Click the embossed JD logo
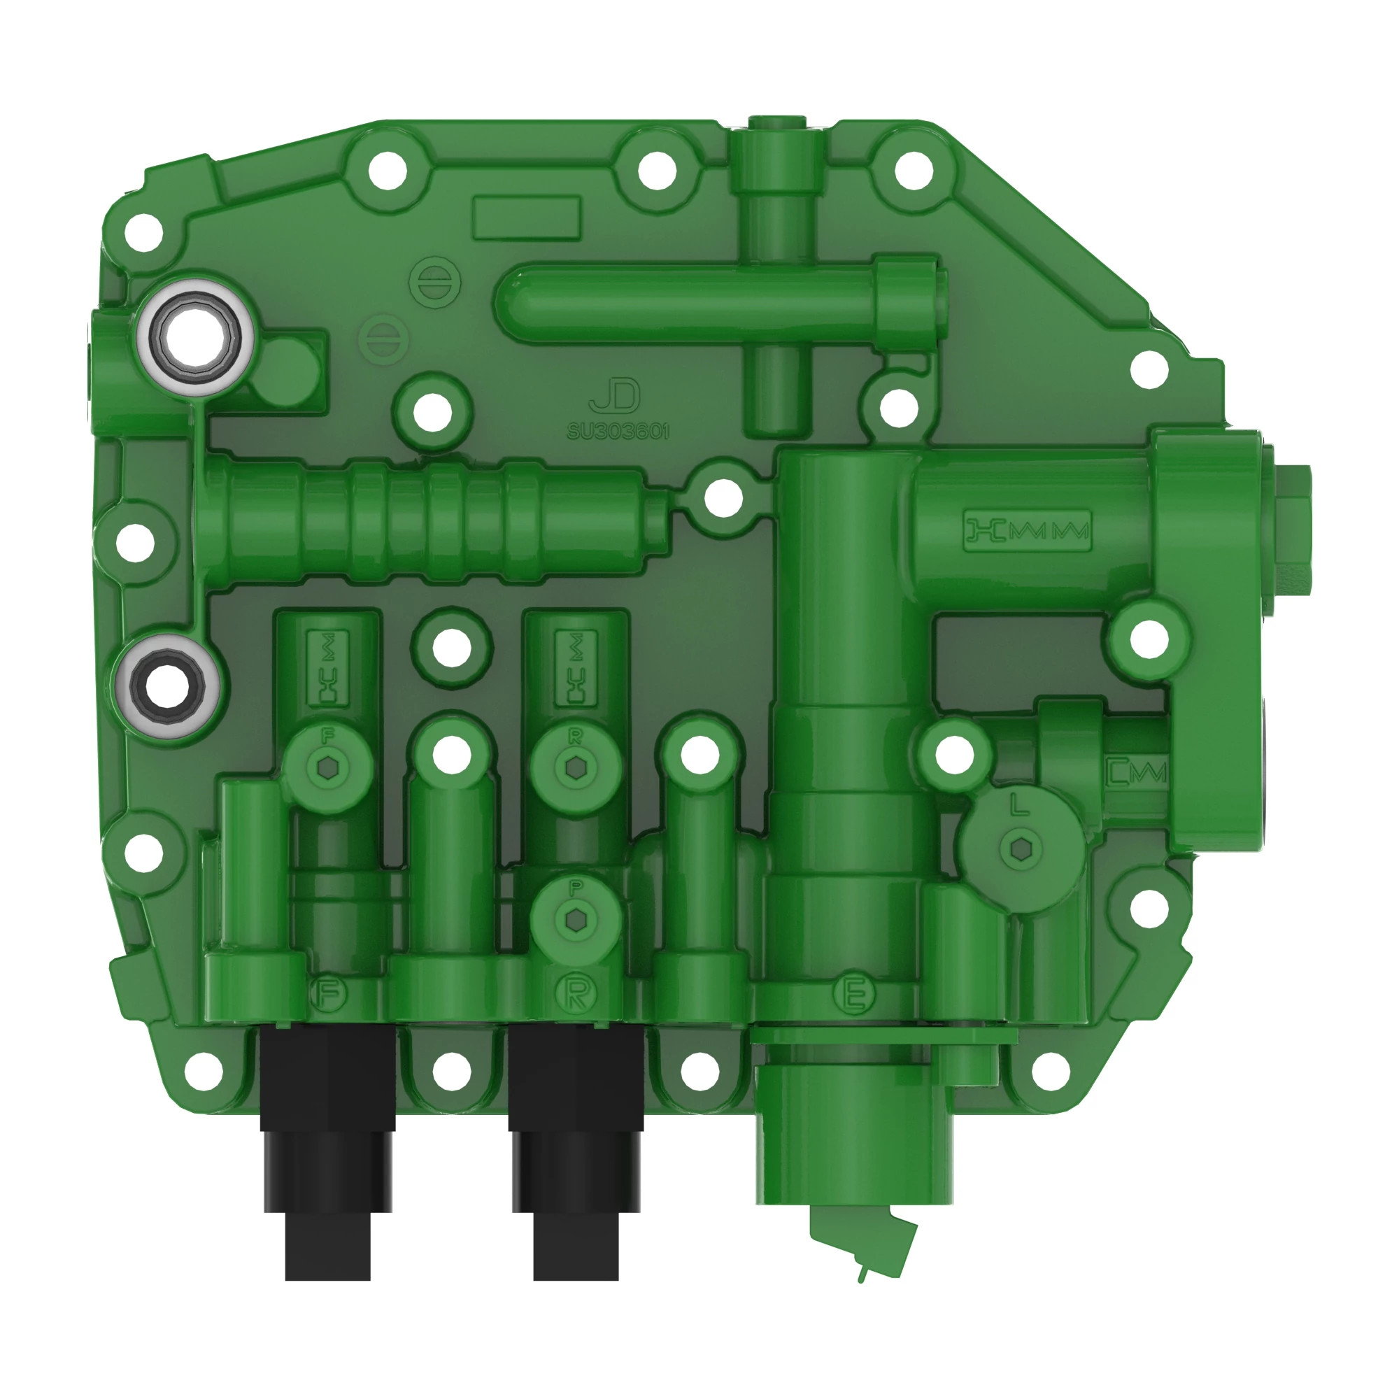(615, 396)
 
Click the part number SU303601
(618, 432)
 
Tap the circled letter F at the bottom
(329, 993)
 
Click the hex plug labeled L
(1021, 848)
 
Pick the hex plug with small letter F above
(327, 767)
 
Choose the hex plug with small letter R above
(576, 767)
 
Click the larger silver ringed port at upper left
(197, 334)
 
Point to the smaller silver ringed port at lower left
(168, 685)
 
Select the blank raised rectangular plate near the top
(527, 218)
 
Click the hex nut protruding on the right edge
(1293, 539)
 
